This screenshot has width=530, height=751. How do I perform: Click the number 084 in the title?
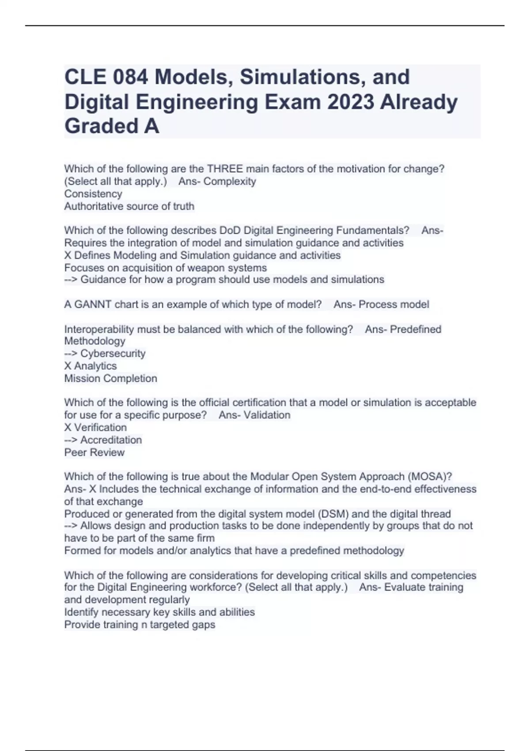click(130, 77)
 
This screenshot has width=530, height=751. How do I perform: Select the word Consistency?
click(93, 194)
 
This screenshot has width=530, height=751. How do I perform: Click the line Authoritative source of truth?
click(129, 206)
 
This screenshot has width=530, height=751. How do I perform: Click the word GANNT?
click(88, 304)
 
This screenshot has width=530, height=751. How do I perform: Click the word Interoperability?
click(99, 330)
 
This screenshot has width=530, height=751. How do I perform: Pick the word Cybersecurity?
click(113, 354)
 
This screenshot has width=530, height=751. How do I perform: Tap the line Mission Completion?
click(110, 379)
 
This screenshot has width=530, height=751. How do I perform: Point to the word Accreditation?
click(111, 440)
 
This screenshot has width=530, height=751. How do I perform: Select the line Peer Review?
click(95, 452)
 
